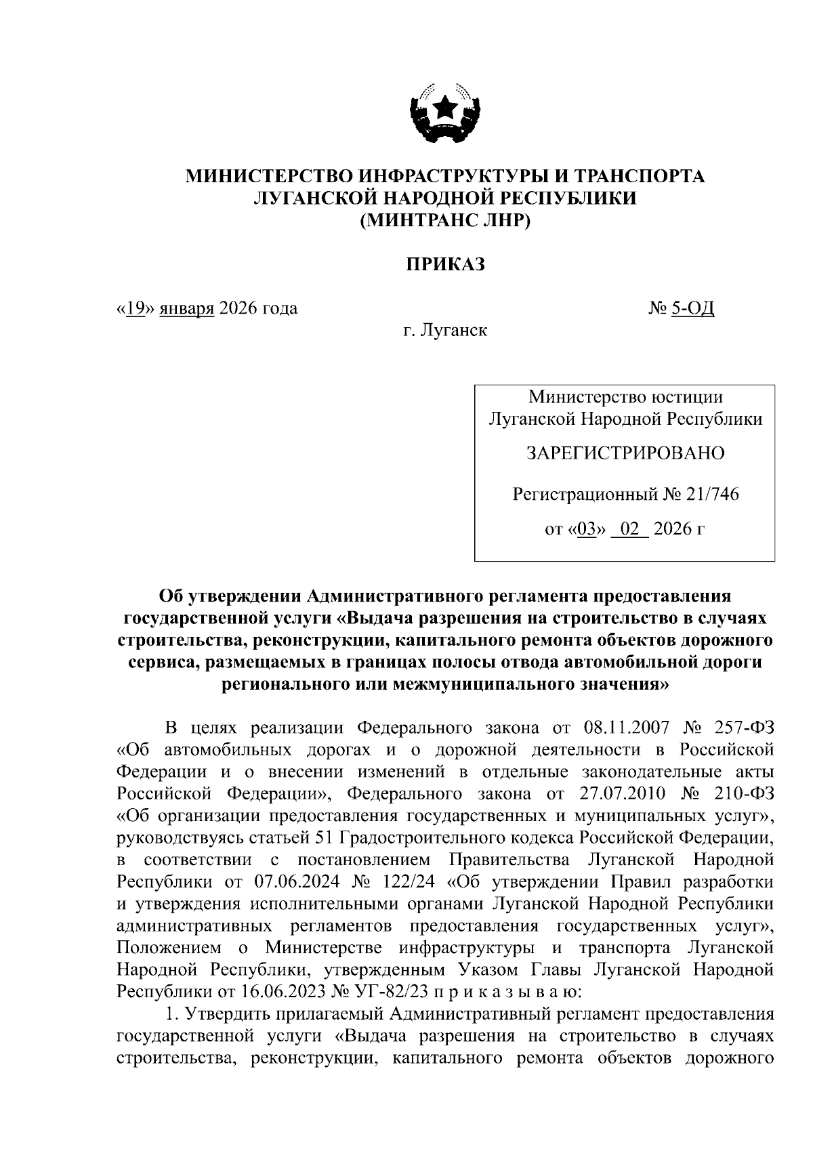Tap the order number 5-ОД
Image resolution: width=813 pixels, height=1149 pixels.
click(692, 309)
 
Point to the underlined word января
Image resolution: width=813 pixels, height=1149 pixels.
click(187, 309)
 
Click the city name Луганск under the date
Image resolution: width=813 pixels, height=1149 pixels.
click(453, 331)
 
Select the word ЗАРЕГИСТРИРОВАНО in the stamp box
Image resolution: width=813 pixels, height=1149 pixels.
click(625, 453)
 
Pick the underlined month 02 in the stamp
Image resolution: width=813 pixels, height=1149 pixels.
click(629, 528)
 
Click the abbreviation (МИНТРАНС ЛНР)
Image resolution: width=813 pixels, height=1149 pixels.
click(445, 221)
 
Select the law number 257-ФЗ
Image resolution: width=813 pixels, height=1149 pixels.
click(743, 728)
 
